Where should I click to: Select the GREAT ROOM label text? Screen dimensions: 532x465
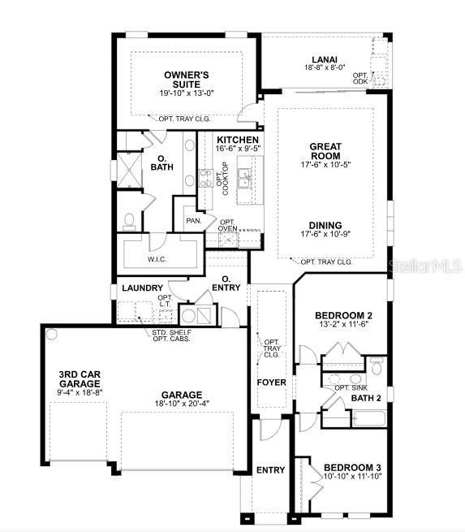325,151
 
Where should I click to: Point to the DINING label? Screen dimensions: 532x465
325,225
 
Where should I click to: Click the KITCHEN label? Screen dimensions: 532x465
238,139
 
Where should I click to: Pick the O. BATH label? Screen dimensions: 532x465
162,162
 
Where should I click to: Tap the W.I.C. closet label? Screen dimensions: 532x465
157,260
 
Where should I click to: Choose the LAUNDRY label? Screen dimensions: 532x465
142,288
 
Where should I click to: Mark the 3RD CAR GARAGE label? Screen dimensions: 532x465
80,379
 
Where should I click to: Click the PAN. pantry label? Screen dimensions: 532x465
194,220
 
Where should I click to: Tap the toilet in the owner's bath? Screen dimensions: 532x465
129,221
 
